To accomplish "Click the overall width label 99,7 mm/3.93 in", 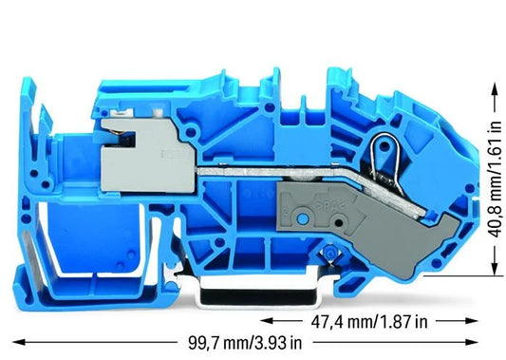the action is (245, 343).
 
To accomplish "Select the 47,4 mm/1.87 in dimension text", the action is (369, 322).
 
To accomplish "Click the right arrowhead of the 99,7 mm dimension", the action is (472, 342).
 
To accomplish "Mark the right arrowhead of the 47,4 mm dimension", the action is (472, 321).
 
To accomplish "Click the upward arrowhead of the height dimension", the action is (494, 88).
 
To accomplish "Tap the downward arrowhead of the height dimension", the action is (494, 269).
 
